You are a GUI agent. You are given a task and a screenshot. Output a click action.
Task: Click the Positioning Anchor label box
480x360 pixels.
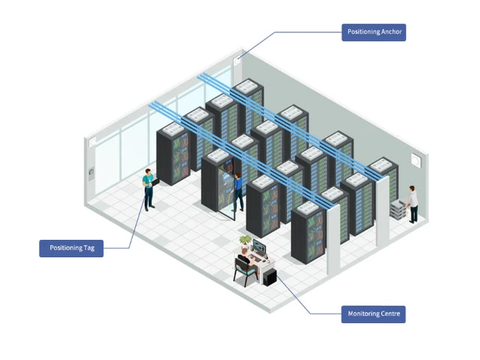(x=373, y=32)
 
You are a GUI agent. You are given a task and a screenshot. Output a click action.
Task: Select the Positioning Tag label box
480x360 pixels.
(x=71, y=248)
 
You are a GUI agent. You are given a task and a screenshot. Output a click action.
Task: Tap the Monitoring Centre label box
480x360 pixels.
(x=373, y=314)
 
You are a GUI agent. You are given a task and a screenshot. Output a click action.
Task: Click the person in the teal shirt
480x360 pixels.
(x=148, y=190)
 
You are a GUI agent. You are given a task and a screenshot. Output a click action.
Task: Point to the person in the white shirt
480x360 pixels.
(x=413, y=204)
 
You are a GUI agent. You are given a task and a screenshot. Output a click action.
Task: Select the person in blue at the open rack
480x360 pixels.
(x=238, y=192)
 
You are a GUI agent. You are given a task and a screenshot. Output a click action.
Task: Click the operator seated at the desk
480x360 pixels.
(x=246, y=260)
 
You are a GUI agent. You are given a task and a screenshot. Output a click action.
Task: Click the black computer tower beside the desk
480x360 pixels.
(x=270, y=277)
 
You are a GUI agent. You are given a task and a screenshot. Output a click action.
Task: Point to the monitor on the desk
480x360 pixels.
(x=259, y=247)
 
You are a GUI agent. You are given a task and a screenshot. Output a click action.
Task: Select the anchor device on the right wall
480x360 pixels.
(x=415, y=160)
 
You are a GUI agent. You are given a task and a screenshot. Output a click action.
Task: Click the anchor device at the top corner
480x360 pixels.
(x=237, y=61)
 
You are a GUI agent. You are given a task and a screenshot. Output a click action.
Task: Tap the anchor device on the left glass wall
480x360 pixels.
(x=92, y=142)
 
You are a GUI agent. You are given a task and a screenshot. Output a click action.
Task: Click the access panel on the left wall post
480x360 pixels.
(x=91, y=173)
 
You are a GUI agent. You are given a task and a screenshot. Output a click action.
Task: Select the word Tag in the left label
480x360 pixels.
(x=88, y=248)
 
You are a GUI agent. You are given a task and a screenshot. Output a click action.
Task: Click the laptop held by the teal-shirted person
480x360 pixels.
(x=155, y=181)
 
